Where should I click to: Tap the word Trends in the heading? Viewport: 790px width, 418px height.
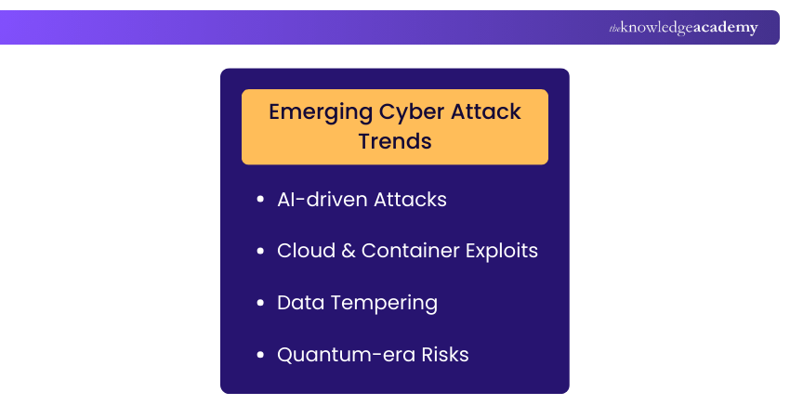coord(394,141)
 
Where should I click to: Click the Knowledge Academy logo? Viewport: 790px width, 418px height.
coord(683,28)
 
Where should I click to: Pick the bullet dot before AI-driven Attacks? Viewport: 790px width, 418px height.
coord(259,201)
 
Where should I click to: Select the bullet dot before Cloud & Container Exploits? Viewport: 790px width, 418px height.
coord(259,252)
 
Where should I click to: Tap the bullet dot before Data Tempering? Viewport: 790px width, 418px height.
coord(259,304)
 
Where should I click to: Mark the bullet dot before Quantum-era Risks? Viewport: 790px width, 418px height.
coord(259,356)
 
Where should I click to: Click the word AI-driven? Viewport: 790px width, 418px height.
coord(322,200)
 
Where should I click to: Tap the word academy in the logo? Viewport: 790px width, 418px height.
coord(725,28)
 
